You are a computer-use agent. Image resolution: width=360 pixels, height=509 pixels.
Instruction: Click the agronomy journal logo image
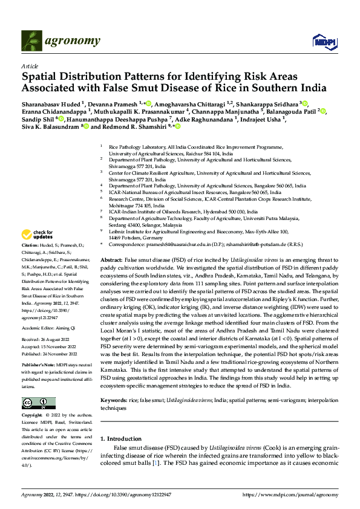coord(32,41)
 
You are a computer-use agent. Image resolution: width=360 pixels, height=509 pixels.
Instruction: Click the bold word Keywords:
coord(114,383)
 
